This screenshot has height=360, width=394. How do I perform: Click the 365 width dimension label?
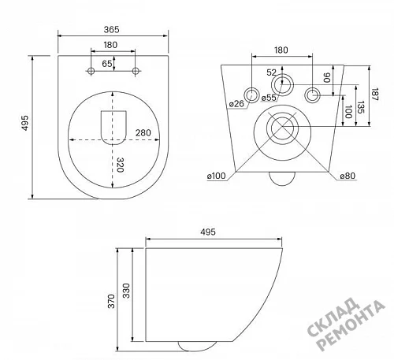(111, 29)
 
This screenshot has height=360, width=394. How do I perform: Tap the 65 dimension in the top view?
(107, 64)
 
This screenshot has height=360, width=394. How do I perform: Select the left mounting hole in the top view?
(91, 71)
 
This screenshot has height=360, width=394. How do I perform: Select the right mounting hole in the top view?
(136, 71)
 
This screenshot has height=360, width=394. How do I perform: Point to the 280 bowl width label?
(143, 133)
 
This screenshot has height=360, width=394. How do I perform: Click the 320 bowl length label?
(120, 165)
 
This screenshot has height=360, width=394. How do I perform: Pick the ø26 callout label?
(236, 104)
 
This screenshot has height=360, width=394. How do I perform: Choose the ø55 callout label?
(269, 98)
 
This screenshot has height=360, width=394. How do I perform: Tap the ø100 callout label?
(216, 176)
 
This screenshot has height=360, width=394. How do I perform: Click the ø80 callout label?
(348, 176)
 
